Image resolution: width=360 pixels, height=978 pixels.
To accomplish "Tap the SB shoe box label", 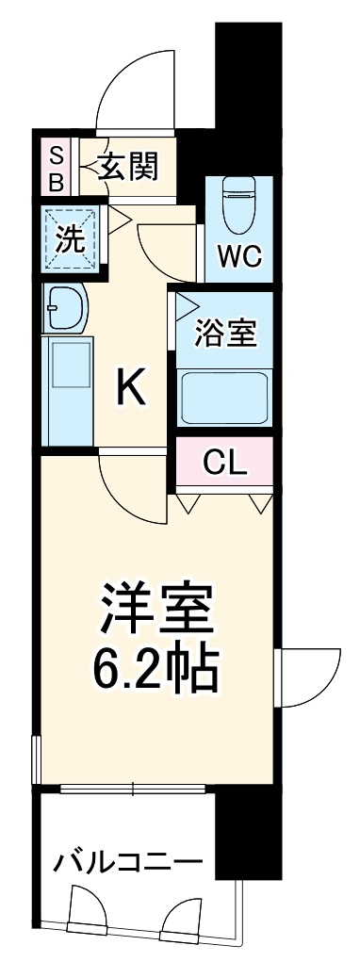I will (x=56, y=170).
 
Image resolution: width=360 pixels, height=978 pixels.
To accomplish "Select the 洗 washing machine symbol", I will (x=70, y=238).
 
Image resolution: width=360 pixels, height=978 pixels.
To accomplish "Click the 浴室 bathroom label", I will (x=224, y=333).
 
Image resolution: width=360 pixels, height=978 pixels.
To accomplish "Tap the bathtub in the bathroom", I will (x=222, y=396).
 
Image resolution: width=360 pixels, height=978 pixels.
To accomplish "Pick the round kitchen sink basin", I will (x=66, y=307).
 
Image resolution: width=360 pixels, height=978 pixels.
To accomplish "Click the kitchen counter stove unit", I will (x=68, y=377).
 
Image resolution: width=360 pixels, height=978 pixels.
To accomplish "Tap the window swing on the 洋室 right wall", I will (x=309, y=675).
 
